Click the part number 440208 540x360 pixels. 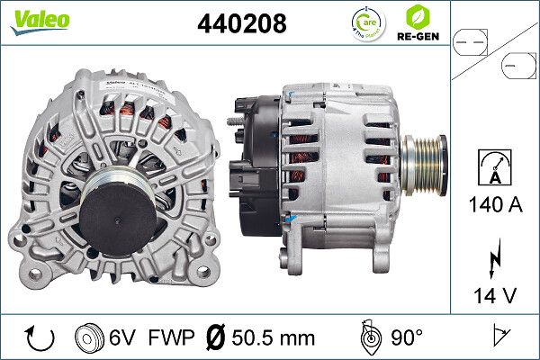point(241,24)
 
